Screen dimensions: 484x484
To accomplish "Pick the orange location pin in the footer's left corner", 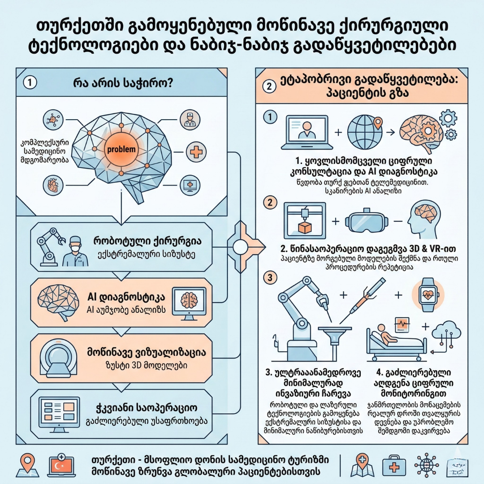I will pyautogui.click(x=28, y=465).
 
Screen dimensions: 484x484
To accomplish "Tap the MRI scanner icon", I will pyautogui.click(x=57, y=361).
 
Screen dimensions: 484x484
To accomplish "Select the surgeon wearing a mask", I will pyautogui.click(x=75, y=252).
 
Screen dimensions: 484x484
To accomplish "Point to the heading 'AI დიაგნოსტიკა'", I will pyautogui.click(x=125, y=297).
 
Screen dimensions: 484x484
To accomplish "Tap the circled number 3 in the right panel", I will pyautogui.click(x=270, y=277).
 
